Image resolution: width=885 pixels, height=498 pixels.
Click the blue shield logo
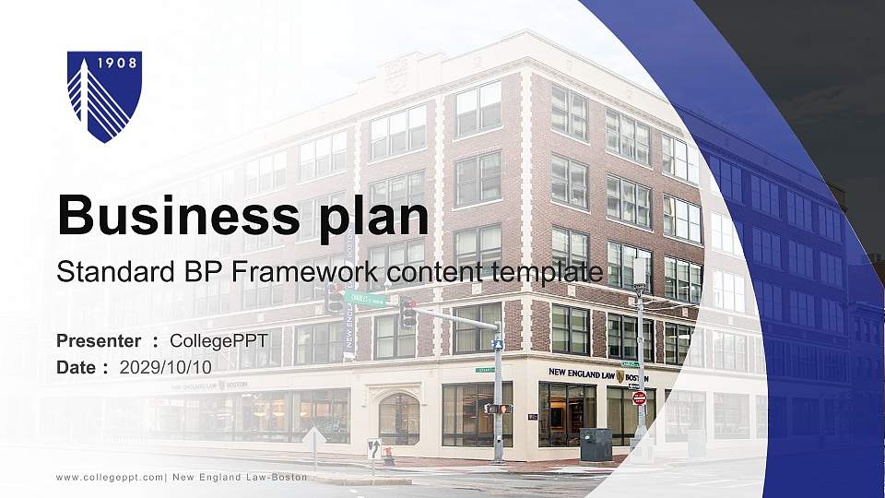coord(104,96)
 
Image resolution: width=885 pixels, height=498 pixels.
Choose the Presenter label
coord(99,341)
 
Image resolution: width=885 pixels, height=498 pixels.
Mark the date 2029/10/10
coord(166,367)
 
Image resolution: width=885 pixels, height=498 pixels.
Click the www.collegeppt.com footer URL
coord(110,478)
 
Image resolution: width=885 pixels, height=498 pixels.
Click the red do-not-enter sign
coord(639,397)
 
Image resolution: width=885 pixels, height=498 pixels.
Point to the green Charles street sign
coord(365,299)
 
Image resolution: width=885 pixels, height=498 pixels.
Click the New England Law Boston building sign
coord(597,373)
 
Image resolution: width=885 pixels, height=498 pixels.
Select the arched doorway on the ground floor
coord(398,418)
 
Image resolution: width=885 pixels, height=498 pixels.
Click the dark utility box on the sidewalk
coord(596,445)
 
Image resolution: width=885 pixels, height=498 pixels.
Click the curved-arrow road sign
coord(373,449)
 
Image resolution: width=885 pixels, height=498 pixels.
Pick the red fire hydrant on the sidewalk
coord(389,455)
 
